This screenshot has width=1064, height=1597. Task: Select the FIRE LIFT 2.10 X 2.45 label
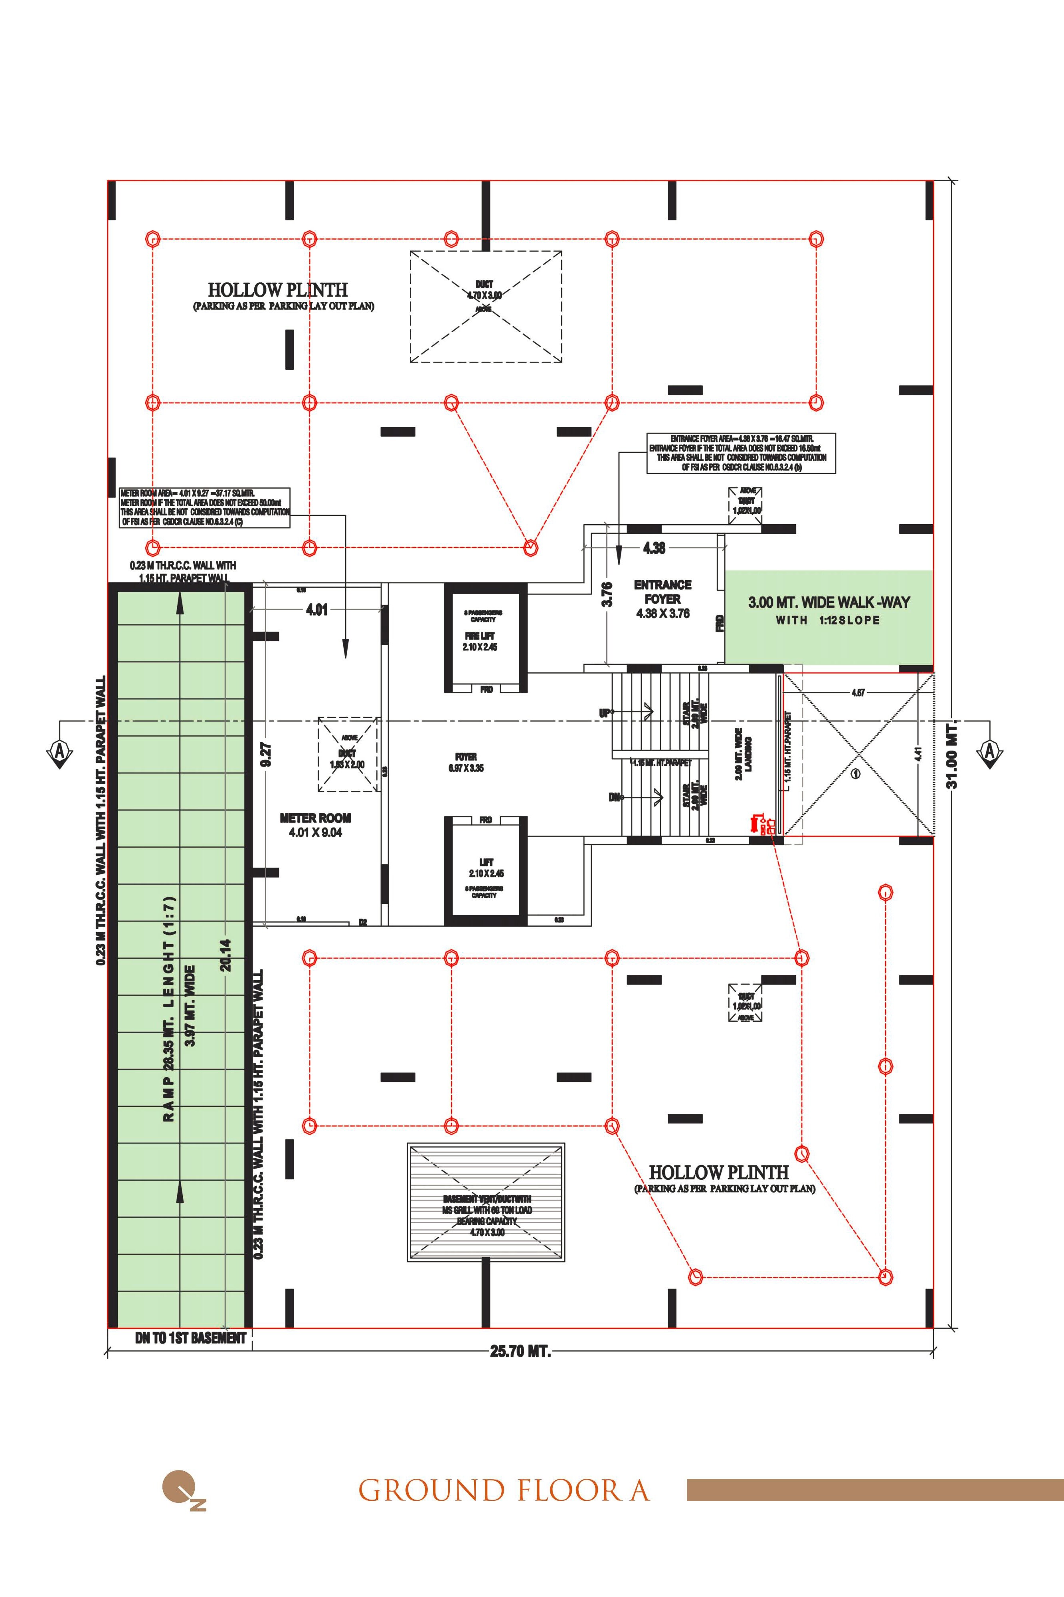point(480,641)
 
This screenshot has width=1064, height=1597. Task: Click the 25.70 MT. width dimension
point(520,1351)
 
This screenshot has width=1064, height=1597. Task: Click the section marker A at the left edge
point(60,751)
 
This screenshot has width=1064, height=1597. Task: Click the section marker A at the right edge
point(989,751)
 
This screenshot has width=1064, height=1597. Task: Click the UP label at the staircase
point(605,713)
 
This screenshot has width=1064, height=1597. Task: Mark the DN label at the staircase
point(614,797)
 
